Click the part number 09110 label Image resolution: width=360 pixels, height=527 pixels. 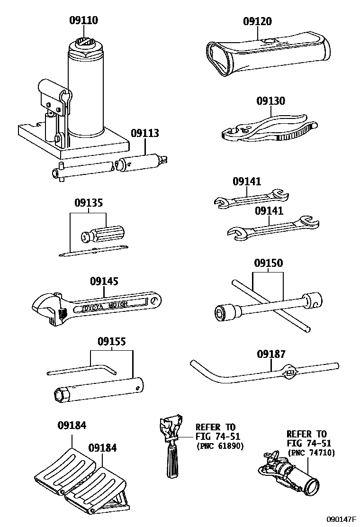point(84,20)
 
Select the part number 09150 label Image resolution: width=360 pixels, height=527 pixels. point(268,263)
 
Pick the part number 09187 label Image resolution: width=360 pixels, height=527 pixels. point(271,354)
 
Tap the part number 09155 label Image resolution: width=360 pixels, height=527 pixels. point(112,342)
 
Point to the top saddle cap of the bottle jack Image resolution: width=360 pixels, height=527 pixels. point(86,45)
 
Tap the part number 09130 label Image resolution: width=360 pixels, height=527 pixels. point(271,101)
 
